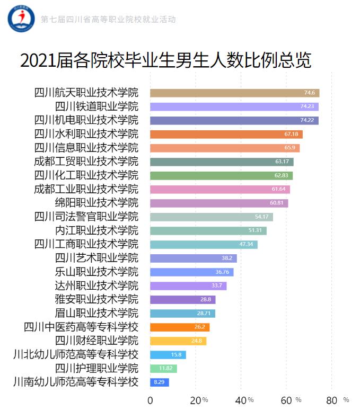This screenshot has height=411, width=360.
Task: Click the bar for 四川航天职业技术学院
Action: [234, 93]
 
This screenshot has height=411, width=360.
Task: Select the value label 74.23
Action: [309, 106]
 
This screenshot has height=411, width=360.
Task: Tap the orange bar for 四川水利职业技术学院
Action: [226, 134]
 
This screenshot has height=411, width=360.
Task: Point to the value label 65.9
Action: [290, 148]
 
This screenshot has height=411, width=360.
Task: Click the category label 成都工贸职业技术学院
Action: [86, 161]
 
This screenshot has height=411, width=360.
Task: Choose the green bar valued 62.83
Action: [221, 175]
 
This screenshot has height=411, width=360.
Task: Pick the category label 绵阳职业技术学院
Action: [96, 202]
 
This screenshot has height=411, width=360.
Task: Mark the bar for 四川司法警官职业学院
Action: [211, 217]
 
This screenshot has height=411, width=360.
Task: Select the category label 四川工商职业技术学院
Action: [86, 244]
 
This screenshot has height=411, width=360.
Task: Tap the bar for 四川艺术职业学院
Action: [193, 258]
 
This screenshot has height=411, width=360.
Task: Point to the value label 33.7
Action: [217, 285]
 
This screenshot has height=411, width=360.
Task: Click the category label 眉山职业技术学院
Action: [96, 312]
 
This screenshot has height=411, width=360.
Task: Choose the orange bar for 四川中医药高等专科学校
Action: [180, 327]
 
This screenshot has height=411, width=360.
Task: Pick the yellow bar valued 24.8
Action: [178, 341]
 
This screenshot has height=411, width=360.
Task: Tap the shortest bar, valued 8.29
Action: [159, 382]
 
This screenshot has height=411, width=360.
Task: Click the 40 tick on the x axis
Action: [241, 400]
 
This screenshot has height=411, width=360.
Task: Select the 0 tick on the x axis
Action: [150, 400]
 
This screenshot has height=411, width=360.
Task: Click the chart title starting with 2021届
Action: [165, 60]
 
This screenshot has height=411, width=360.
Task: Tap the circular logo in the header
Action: [21, 19]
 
